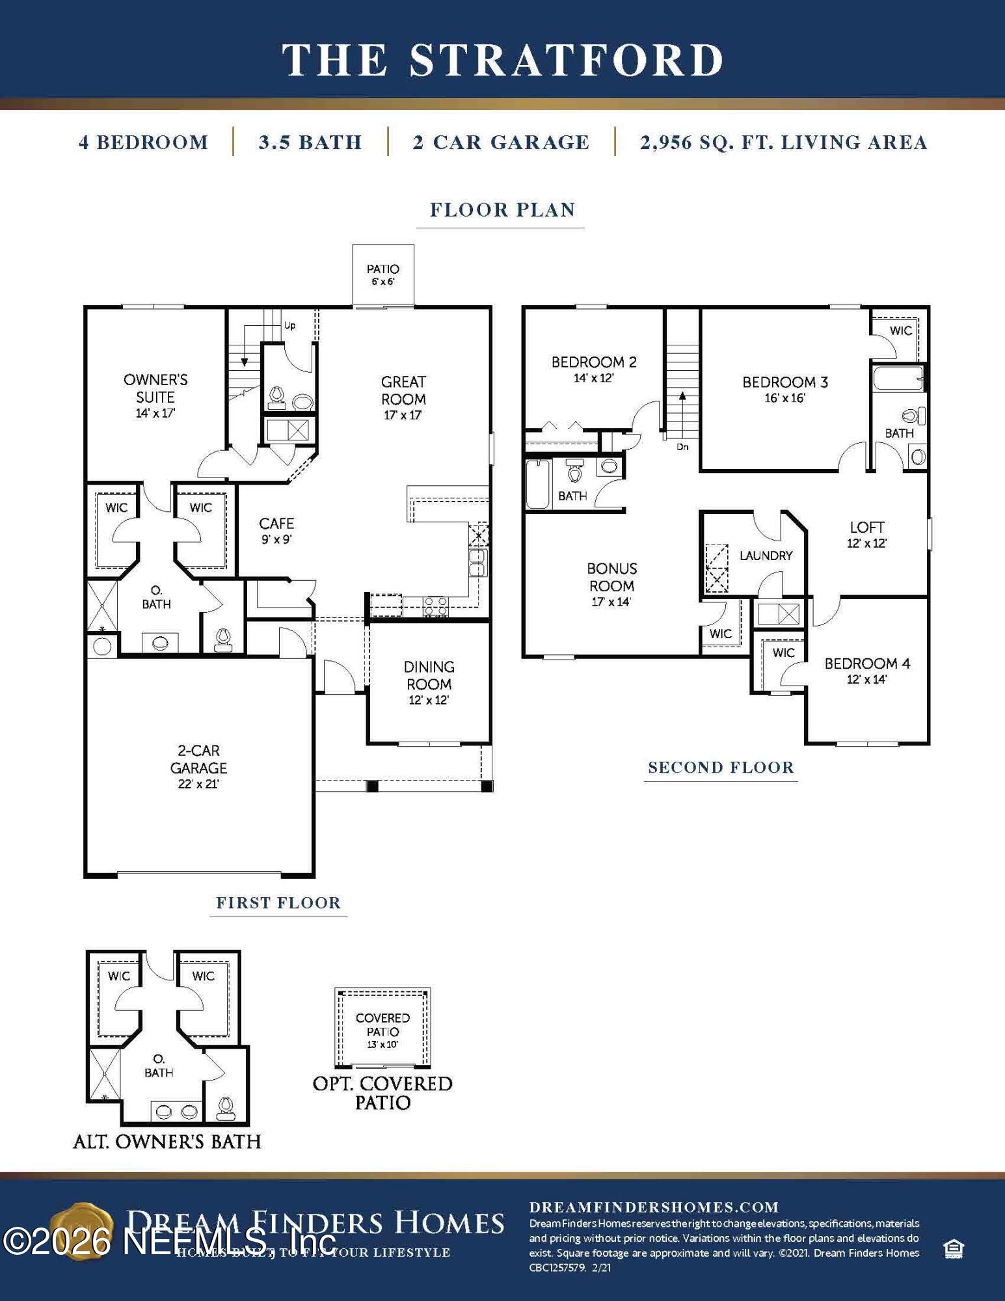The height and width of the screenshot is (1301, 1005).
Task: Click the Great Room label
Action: [x=403, y=391]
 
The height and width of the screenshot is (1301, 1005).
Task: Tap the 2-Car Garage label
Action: [x=198, y=760]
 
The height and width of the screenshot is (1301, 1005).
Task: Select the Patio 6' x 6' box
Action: [x=383, y=275]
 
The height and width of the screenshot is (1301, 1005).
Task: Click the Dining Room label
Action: [x=429, y=676]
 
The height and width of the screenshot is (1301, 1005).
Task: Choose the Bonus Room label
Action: [x=611, y=578]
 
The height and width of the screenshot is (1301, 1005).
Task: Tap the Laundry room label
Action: [x=766, y=556]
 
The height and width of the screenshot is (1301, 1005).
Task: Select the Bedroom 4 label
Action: [x=867, y=664]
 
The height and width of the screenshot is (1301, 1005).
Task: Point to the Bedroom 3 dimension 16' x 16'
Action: [x=784, y=398]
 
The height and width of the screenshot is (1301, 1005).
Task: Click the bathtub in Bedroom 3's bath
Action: [x=898, y=378]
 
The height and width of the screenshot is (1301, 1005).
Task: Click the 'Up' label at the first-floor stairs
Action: [x=289, y=325]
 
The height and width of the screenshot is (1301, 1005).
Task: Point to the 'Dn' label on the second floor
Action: [x=682, y=447]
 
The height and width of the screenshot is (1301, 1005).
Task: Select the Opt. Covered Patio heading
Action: [x=382, y=1092]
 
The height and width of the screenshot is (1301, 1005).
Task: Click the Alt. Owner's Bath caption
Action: [x=167, y=1142]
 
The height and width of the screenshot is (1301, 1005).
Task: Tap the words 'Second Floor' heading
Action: [x=721, y=768]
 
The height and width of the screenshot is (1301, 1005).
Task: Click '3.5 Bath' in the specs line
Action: [x=310, y=142]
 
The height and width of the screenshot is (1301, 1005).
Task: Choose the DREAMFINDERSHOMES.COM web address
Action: [x=654, y=1207]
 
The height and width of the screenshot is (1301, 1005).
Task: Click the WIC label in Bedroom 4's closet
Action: [x=783, y=652]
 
